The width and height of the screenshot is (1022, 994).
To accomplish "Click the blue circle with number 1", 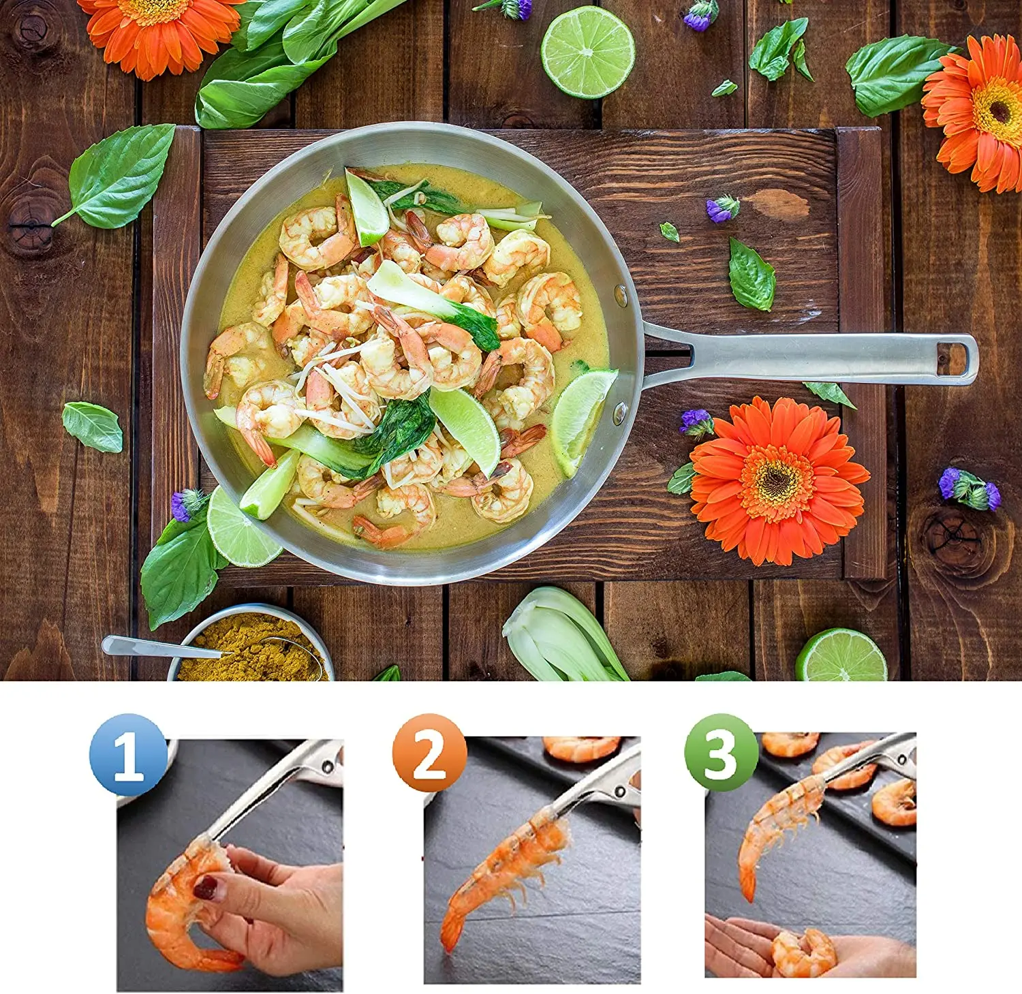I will pos(128,754).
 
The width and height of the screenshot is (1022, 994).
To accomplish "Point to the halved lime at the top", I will pos(587,52).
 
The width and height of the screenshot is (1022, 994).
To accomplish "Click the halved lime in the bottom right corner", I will pos(842,657).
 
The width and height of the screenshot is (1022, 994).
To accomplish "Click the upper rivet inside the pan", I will pos(621,295).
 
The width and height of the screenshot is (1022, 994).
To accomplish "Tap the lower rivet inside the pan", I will pos(619,411).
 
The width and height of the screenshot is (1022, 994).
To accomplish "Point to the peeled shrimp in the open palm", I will pos(804,952).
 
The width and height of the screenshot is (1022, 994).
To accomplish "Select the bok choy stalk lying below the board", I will pos(562,638).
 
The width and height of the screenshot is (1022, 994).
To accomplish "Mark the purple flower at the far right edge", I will pos(970,488).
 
